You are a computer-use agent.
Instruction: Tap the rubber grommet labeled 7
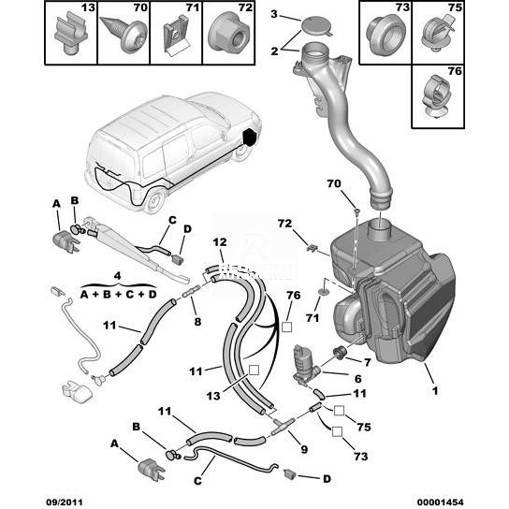pyautogui.click(x=340, y=353)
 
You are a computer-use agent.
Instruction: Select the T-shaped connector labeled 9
pyautogui.click(x=283, y=426)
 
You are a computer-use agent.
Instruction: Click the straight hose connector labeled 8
pyautogui.click(x=192, y=291)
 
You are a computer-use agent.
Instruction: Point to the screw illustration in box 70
pyautogui.click(x=120, y=35)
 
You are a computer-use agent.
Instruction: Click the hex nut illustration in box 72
pyautogui.click(x=229, y=32)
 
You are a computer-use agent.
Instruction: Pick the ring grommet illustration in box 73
pyautogui.click(x=385, y=36)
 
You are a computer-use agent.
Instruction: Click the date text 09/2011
pyautogui.click(x=65, y=502)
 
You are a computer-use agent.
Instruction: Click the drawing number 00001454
pyautogui.click(x=440, y=502)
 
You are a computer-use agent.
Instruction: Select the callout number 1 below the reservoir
pyautogui.click(x=435, y=390)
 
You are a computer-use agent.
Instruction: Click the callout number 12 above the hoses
pyautogui.click(x=220, y=242)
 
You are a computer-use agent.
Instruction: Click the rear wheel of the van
pyautogui.click(x=153, y=200)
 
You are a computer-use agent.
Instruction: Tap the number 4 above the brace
pyautogui.click(x=118, y=276)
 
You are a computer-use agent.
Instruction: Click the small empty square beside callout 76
pyautogui.click(x=286, y=327)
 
